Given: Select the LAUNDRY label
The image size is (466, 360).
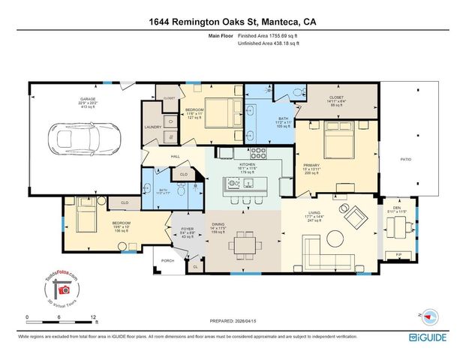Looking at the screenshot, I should click(153, 127).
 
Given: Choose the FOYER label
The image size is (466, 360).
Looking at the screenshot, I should click(188, 229).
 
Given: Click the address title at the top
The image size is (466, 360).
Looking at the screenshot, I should click(232, 22).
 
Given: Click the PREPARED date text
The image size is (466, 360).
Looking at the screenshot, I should click(233, 321).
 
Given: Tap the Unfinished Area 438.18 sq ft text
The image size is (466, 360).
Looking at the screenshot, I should click(268, 44).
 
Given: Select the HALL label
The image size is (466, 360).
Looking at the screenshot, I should click(175, 156).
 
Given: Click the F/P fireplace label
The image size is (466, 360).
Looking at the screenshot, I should click(398, 256).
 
